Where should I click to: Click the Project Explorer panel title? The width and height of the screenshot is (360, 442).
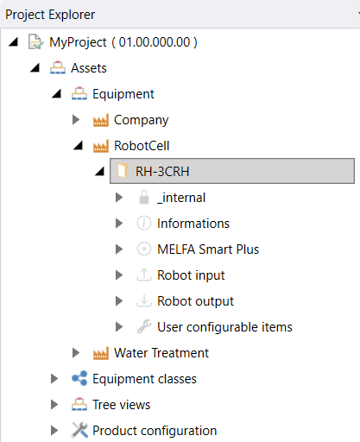pos(50,15)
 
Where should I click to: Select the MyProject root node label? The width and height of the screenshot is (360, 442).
pos(123,42)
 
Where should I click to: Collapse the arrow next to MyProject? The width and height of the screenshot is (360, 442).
pos(13,42)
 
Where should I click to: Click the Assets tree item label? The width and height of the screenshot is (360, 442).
pos(89,68)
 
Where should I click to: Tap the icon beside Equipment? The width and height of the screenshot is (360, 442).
pos(79,93)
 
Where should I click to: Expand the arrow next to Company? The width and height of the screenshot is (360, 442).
pos(76,119)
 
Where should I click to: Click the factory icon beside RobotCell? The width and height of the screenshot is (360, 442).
pos(101,146)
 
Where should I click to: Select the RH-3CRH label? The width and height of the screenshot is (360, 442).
pos(162,172)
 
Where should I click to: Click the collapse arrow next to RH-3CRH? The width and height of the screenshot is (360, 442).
pos(99,172)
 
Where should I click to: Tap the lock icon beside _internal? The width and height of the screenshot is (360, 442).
pos(144,198)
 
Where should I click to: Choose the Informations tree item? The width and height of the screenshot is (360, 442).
pos(193,224)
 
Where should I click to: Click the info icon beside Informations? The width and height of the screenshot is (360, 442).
pos(144,224)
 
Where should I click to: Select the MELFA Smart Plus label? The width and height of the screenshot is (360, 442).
pos(208,249)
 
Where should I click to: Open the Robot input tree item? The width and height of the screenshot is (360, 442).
pos(191,275)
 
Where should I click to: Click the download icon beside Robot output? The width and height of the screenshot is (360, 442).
pos(144,300)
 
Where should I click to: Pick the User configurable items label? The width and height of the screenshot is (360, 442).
pos(224,327)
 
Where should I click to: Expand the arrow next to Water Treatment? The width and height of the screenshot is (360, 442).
pos(76,352)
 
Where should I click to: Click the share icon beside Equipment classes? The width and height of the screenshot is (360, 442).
pos(79,378)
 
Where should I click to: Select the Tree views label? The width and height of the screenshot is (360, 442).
pos(122,405)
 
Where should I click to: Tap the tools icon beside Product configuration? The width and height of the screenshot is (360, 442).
pos(79,430)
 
